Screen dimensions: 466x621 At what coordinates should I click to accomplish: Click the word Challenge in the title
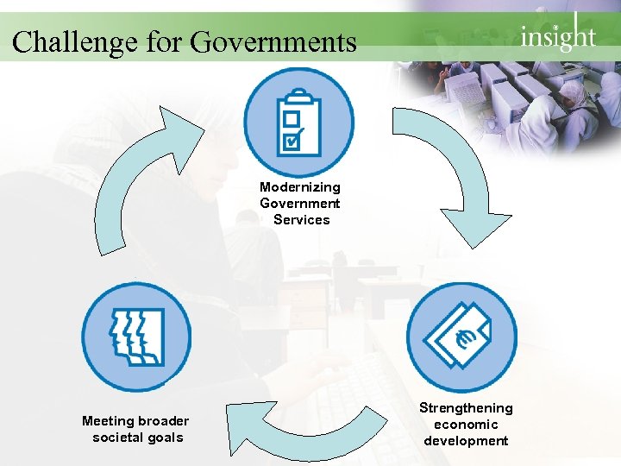[65, 41]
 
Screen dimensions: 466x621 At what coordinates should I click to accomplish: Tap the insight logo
[558, 35]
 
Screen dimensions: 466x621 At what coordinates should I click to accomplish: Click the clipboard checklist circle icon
[298, 123]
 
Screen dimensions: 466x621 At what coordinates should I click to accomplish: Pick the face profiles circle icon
[136, 337]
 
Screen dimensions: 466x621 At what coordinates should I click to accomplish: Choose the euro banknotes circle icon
[461, 337]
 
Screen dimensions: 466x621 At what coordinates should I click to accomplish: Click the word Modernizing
[300, 186]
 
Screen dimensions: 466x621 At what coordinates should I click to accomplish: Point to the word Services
[302, 220]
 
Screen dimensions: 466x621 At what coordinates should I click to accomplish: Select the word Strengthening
[466, 407]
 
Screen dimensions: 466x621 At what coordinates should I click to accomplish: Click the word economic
[466, 424]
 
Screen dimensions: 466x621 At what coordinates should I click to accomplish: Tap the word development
[466, 440]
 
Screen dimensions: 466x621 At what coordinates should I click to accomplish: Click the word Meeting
[109, 421]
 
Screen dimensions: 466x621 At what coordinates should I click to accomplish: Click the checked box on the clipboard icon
[292, 139]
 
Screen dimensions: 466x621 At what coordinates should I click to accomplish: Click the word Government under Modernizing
[300, 204]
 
